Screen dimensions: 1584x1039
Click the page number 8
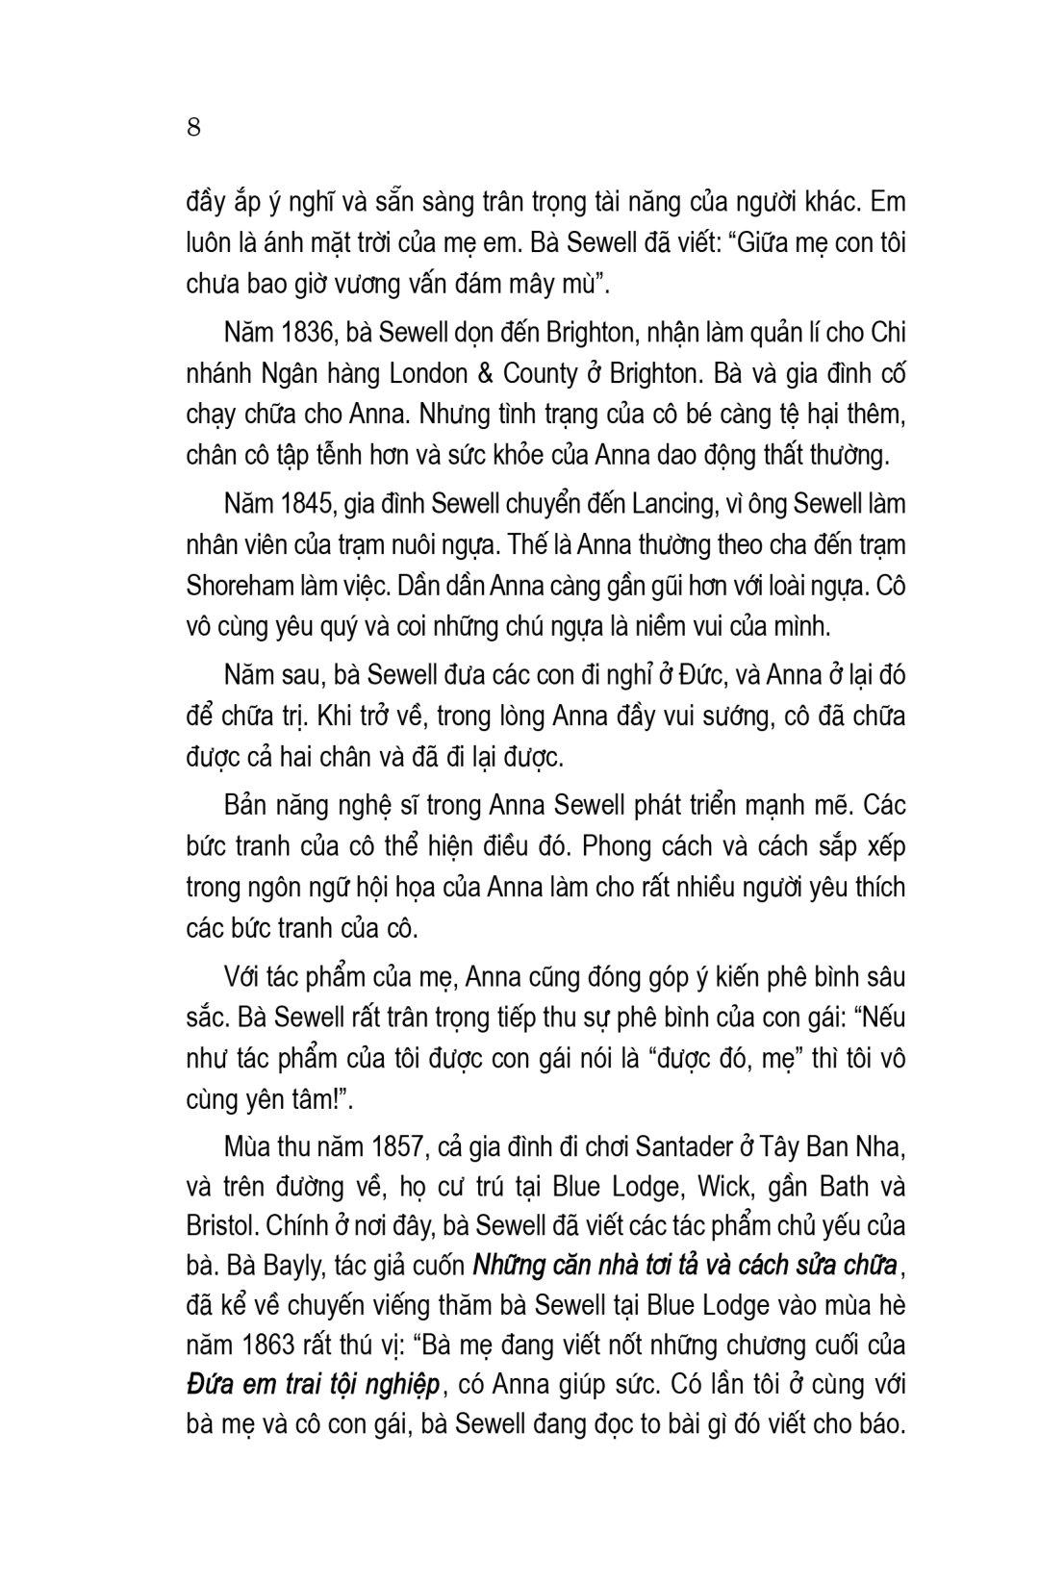[193, 127]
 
